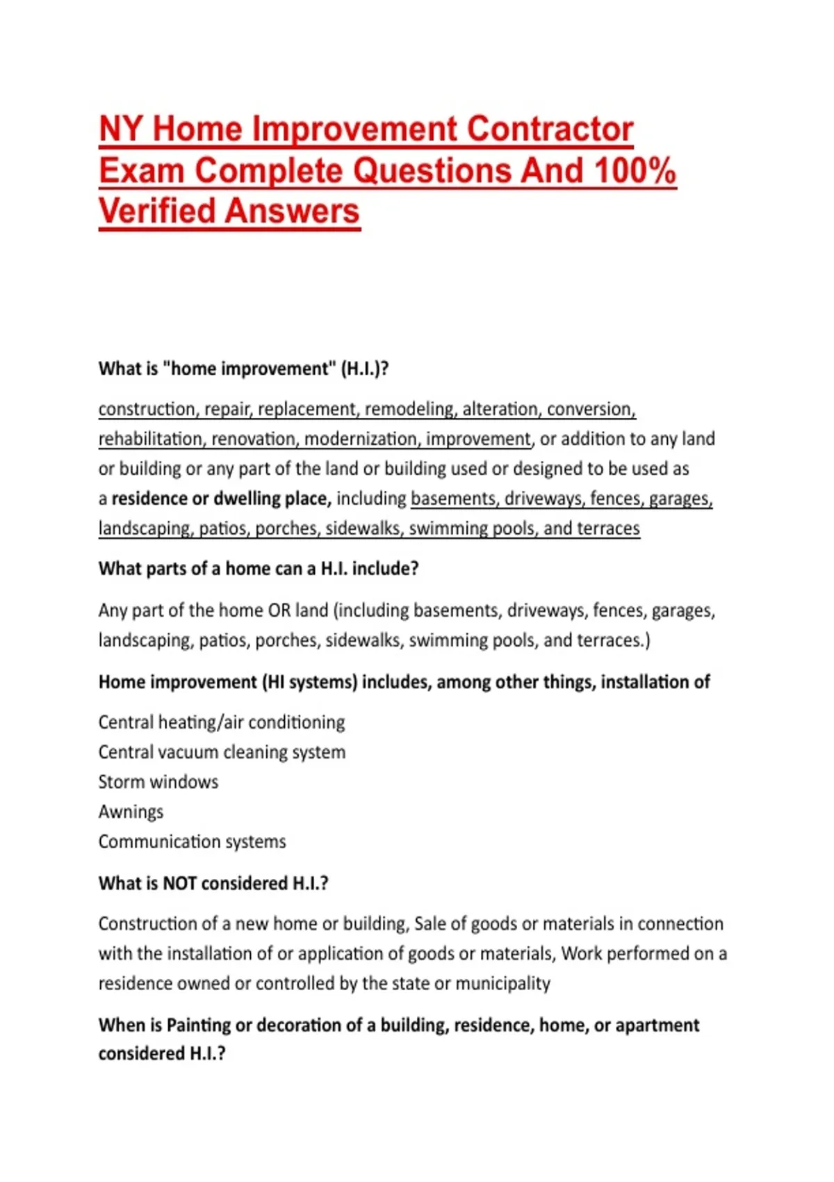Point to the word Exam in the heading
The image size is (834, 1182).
(141, 171)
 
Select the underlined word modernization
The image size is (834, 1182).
(361, 439)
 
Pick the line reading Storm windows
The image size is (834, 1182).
(158, 782)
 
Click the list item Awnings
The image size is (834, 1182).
(131, 811)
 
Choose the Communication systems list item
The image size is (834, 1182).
(193, 841)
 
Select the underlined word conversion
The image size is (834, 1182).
(591, 409)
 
